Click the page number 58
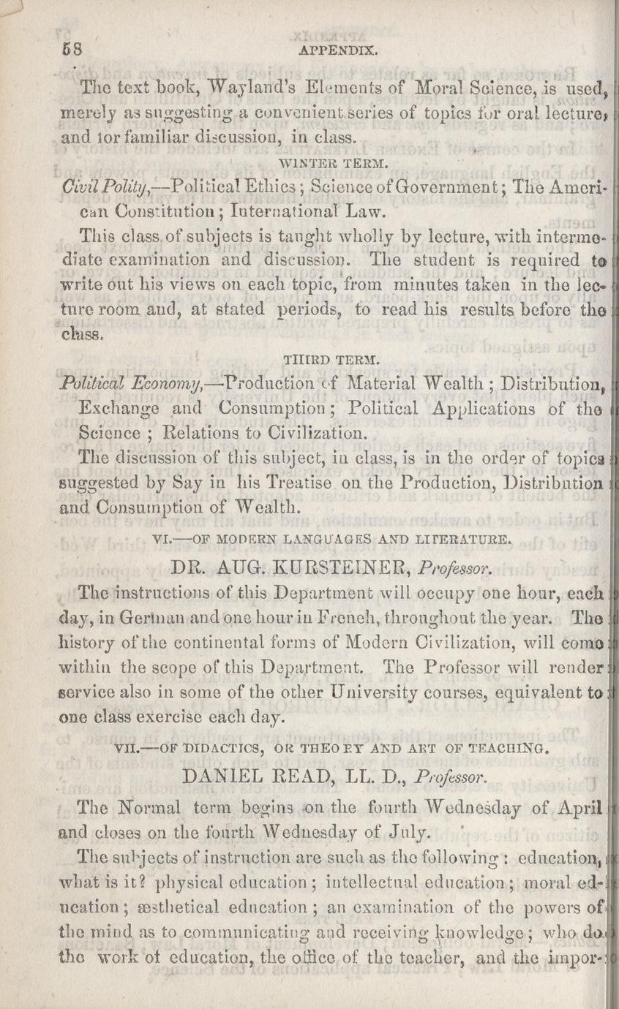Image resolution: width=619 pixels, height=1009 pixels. pos(71,51)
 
